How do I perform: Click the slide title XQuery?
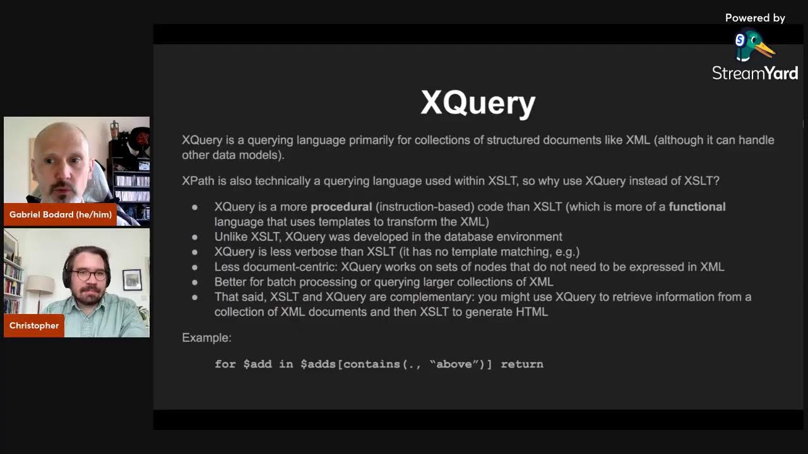click(x=478, y=103)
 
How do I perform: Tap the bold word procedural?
click(x=341, y=207)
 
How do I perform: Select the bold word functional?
click(x=697, y=207)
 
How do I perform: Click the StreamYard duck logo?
click(x=754, y=46)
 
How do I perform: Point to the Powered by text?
click(x=755, y=18)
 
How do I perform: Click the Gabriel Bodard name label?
click(x=61, y=214)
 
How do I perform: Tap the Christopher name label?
click(x=34, y=325)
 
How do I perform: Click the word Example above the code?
click(x=206, y=338)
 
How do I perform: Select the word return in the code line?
click(x=522, y=364)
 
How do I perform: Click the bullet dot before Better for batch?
click(x=195, y=282)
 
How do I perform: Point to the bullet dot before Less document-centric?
click(x=195, y=267)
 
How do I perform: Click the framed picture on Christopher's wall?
click(x=132, y=279)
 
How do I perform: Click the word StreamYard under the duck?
click(x=755, y=73)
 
